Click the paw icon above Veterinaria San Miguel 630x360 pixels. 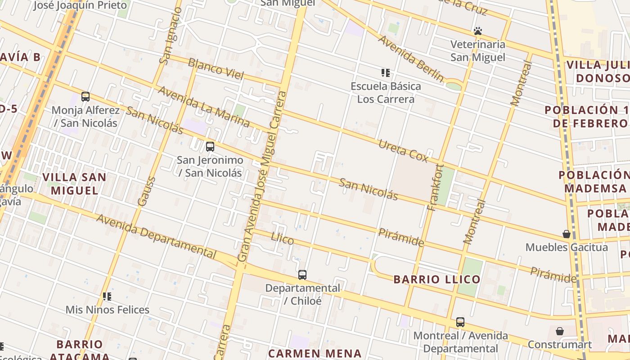[478, 31]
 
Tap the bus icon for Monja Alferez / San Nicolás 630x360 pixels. [85, 96]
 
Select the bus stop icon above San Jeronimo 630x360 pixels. [210, 146]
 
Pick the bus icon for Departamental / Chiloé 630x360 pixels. [302, 274]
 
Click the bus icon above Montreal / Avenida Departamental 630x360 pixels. [460, 322]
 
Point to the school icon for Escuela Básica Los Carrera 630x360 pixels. [386, 72]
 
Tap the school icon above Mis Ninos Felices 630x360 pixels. [107, 296]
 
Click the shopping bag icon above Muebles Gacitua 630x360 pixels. [567, 234]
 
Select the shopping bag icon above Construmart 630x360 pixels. [560, 331]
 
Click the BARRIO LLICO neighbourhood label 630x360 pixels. [437, 279]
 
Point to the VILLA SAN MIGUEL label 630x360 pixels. [74, 184]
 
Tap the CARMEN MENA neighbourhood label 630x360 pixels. [315, 353]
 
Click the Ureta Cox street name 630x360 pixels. [403, 151]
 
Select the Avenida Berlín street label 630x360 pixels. [410, 58]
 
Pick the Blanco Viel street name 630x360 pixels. [216, 69]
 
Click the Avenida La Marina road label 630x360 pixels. [203, 107]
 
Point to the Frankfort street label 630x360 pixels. [436, 188]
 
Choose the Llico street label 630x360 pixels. [282, 238]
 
